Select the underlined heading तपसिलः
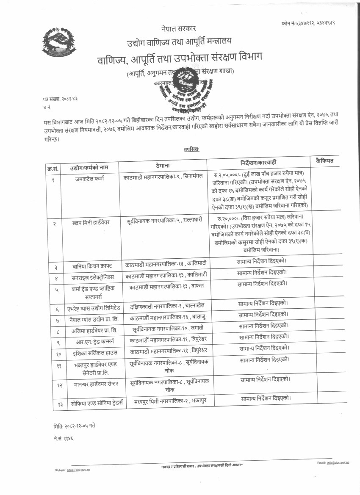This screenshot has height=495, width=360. click(191, 149)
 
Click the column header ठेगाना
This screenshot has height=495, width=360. click(163, 165)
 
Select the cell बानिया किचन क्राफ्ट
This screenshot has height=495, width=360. click(92, 266)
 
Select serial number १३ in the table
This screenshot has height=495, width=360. click(60, 405)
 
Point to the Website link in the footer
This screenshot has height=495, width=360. click(72, 470)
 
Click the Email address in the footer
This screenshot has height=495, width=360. click(333, 463)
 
